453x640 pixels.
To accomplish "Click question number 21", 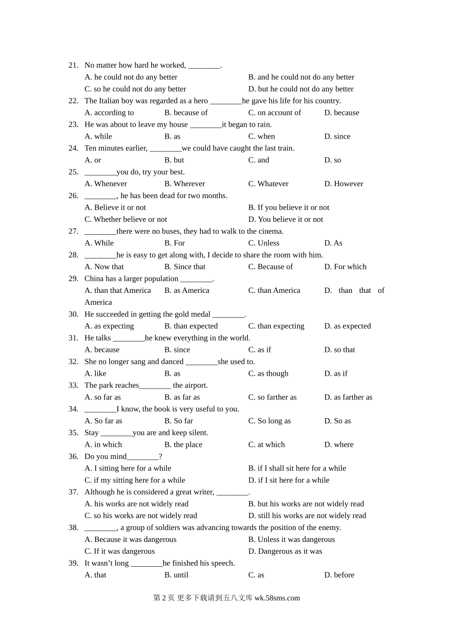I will (73, 65).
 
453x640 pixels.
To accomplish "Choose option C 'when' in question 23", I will (261, 137).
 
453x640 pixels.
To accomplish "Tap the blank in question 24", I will (165, 149).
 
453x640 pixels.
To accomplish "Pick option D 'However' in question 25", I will (343, 184).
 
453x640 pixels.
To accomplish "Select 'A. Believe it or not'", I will (115, 208).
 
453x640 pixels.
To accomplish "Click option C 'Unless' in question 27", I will (264, 243).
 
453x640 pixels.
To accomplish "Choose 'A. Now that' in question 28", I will (104, 267).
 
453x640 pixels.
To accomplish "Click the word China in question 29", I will (94, 279).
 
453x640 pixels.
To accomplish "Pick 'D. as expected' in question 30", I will (347, 326).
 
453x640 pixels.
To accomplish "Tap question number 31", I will (73, 338).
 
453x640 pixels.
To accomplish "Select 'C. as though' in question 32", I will (268, 374).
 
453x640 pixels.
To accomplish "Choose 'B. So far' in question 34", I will (179, 421).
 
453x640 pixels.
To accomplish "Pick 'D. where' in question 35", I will (339, 445).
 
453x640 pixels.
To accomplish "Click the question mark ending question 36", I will (161, 457).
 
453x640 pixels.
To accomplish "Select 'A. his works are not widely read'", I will (136, 504).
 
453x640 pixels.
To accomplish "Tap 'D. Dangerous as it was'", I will (285, 551).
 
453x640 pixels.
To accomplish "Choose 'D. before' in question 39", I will (339, 575).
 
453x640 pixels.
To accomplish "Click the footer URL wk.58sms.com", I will (277, 599).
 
